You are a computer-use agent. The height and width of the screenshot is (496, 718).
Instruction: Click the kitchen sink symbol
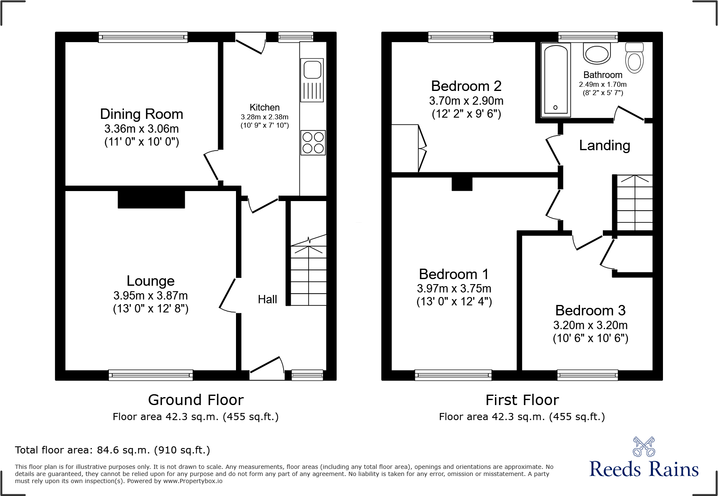[x=312, y=79]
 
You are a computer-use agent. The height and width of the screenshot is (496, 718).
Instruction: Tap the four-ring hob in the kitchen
[x=313, y=143]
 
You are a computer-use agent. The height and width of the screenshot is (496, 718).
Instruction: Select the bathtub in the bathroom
[x=555, y=80]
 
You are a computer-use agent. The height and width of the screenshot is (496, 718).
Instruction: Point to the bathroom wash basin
[x=597, y=54]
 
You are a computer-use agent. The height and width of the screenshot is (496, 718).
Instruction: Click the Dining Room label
[x=142, y=114]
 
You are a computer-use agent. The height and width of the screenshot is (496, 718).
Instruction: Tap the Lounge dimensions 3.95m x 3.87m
[x=151, y=295]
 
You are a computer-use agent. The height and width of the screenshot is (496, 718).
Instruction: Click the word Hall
[x=267, y=299]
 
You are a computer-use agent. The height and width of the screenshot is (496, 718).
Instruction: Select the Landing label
[x=604, y=145]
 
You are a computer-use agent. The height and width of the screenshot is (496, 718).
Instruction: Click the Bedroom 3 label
[x=590, y=310]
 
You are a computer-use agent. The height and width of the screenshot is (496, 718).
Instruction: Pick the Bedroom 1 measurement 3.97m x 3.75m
[x=454, y=288]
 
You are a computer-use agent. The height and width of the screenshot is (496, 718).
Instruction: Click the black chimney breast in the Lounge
[x=151, y=199]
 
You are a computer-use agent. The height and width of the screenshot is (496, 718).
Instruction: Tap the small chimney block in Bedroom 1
[x=462, y=184]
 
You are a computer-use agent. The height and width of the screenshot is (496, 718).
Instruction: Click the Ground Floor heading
[x=196, y=400]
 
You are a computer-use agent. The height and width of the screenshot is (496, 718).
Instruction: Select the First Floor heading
[x=522, y=400]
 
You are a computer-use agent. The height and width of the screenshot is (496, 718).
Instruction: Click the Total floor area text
[x=112, y=450]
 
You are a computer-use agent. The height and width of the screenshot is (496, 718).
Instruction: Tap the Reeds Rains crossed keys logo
[x=644, y=447]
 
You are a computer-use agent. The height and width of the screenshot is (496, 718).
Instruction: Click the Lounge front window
[x=151, y=375]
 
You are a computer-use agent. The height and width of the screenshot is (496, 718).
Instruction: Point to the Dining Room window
[x=143, y=37]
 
